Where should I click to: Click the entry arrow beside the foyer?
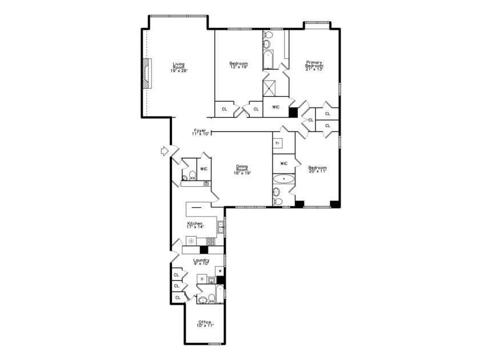165,151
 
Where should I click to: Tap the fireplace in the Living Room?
147,73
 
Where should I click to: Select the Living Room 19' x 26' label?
179,67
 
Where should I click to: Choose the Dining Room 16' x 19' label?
242,170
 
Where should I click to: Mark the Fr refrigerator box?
277,143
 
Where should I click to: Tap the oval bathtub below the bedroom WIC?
283,179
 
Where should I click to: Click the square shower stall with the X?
269,89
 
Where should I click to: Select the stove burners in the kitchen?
211,241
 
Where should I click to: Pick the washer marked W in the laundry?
219,270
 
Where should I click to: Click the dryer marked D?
202,279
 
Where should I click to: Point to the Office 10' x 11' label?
205,323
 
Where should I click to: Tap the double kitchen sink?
221,227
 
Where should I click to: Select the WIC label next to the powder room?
203,169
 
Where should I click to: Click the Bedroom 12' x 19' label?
238,65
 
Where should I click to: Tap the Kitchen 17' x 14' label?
195,225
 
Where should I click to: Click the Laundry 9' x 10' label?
201,262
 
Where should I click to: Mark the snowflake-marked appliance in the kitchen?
191,241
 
